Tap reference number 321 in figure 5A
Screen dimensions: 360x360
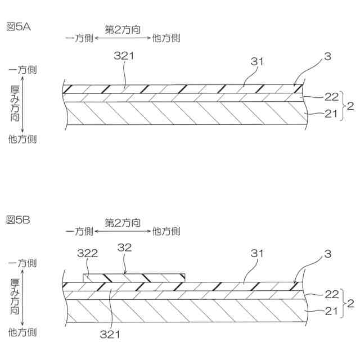pos(124,56)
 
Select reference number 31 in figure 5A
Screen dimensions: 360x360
pos(257,62)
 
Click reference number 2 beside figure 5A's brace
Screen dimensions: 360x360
pos(350,105)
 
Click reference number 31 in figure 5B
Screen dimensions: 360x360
pos(257,253)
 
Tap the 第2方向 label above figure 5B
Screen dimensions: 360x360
pos(123,222)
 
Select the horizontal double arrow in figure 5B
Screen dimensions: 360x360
pos(123,231)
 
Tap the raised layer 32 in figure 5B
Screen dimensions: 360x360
pos(135,277)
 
